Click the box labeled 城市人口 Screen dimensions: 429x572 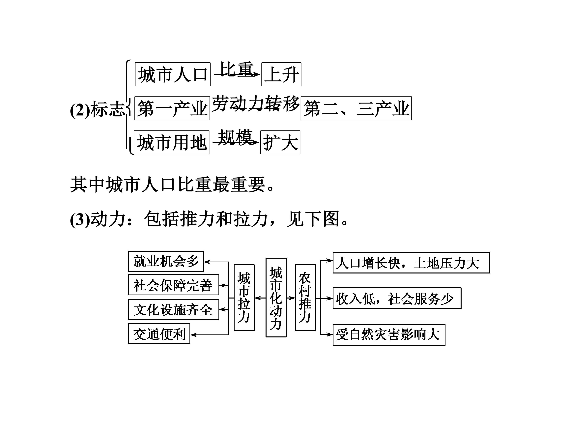click(172, 74)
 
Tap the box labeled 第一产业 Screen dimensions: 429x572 click(172, 108)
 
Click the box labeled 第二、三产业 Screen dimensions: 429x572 click(356, 108)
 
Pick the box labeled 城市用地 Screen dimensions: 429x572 click(171, 142)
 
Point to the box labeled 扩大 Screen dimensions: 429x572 click(280, 142)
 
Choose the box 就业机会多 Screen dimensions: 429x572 click(166, 261)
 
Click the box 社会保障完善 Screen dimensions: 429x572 click(173, 285)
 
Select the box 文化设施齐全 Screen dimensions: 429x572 click(173, 309)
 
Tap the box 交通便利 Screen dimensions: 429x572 click(159, 334)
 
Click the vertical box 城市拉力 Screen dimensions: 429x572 click(244, 298)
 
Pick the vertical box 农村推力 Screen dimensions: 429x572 click(305, 298)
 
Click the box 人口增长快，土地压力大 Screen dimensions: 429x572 click(411, 263)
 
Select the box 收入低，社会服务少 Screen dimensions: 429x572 click(397, 298)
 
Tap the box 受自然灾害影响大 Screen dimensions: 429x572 click(389, 335)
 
